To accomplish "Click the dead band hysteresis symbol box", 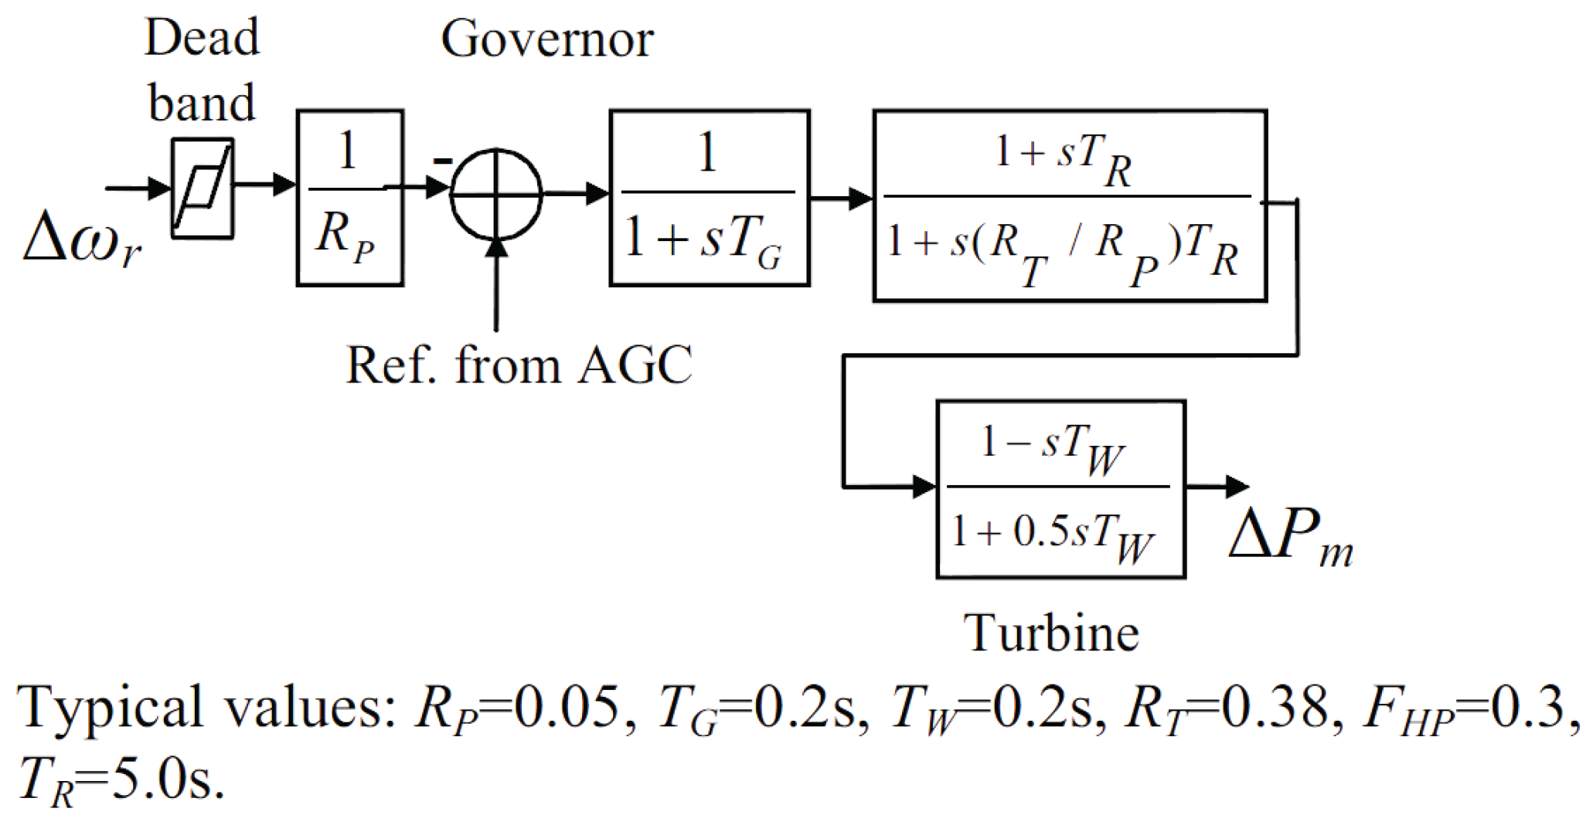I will (x=202, y=189).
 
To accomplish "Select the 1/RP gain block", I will (x=350, y=198).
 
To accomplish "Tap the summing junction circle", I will (x=496, y=194).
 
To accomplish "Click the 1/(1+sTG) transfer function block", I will (x=710, y=198).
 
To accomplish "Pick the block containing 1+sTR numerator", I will (x=1070, y=206).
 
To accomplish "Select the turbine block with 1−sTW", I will (x=1060, y=489).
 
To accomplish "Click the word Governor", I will (x=546, y=39).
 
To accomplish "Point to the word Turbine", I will (x=1051, y=633).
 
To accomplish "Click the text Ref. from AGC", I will (x=519, y=365).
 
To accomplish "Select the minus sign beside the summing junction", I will (x=442, y=161).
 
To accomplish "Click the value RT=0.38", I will (x=1229, y=708).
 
